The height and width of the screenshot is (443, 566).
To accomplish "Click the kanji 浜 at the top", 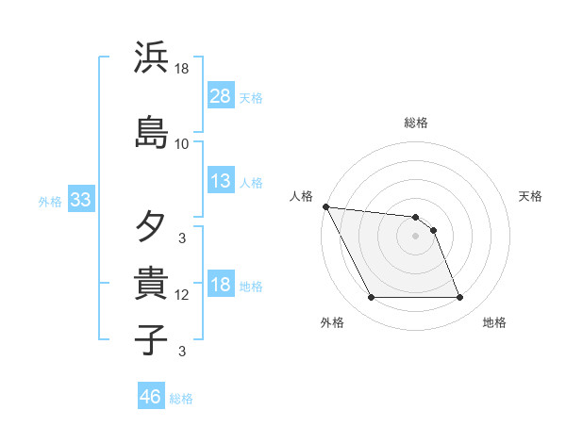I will tap(152, 57).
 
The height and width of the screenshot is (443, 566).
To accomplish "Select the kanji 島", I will tap(152, 132).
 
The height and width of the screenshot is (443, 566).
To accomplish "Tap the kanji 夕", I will tap(152, 226).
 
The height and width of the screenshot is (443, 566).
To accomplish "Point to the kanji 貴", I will tap(152, 283).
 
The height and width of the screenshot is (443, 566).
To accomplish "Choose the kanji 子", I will tap(152, 339).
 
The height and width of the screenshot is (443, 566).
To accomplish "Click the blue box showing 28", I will tap(221, 96).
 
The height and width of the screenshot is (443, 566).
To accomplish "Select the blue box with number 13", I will tap(221, 181).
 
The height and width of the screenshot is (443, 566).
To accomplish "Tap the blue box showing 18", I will tap(221, 285).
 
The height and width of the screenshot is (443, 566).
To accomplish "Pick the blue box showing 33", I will tap(80, 200).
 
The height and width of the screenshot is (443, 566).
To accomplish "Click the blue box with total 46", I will tap(151, 397).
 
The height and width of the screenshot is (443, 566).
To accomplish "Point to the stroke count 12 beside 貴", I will tap(182, 295).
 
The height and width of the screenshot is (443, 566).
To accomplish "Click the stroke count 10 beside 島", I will tap(182, 144).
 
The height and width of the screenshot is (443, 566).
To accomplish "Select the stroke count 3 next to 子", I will tap(182, 352).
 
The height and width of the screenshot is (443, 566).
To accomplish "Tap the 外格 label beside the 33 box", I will tap(50, 201).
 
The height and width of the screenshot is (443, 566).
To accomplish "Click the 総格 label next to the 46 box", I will tap(181, 399).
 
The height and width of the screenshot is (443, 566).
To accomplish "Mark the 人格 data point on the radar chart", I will tap(325, 206).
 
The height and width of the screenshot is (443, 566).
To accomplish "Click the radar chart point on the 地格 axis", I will tap(459, 298).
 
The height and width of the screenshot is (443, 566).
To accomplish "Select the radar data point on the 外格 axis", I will tap(371, 298).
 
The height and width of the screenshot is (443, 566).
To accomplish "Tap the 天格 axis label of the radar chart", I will tap(530, 196).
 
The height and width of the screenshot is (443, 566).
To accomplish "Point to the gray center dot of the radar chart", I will tap(415, 236).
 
